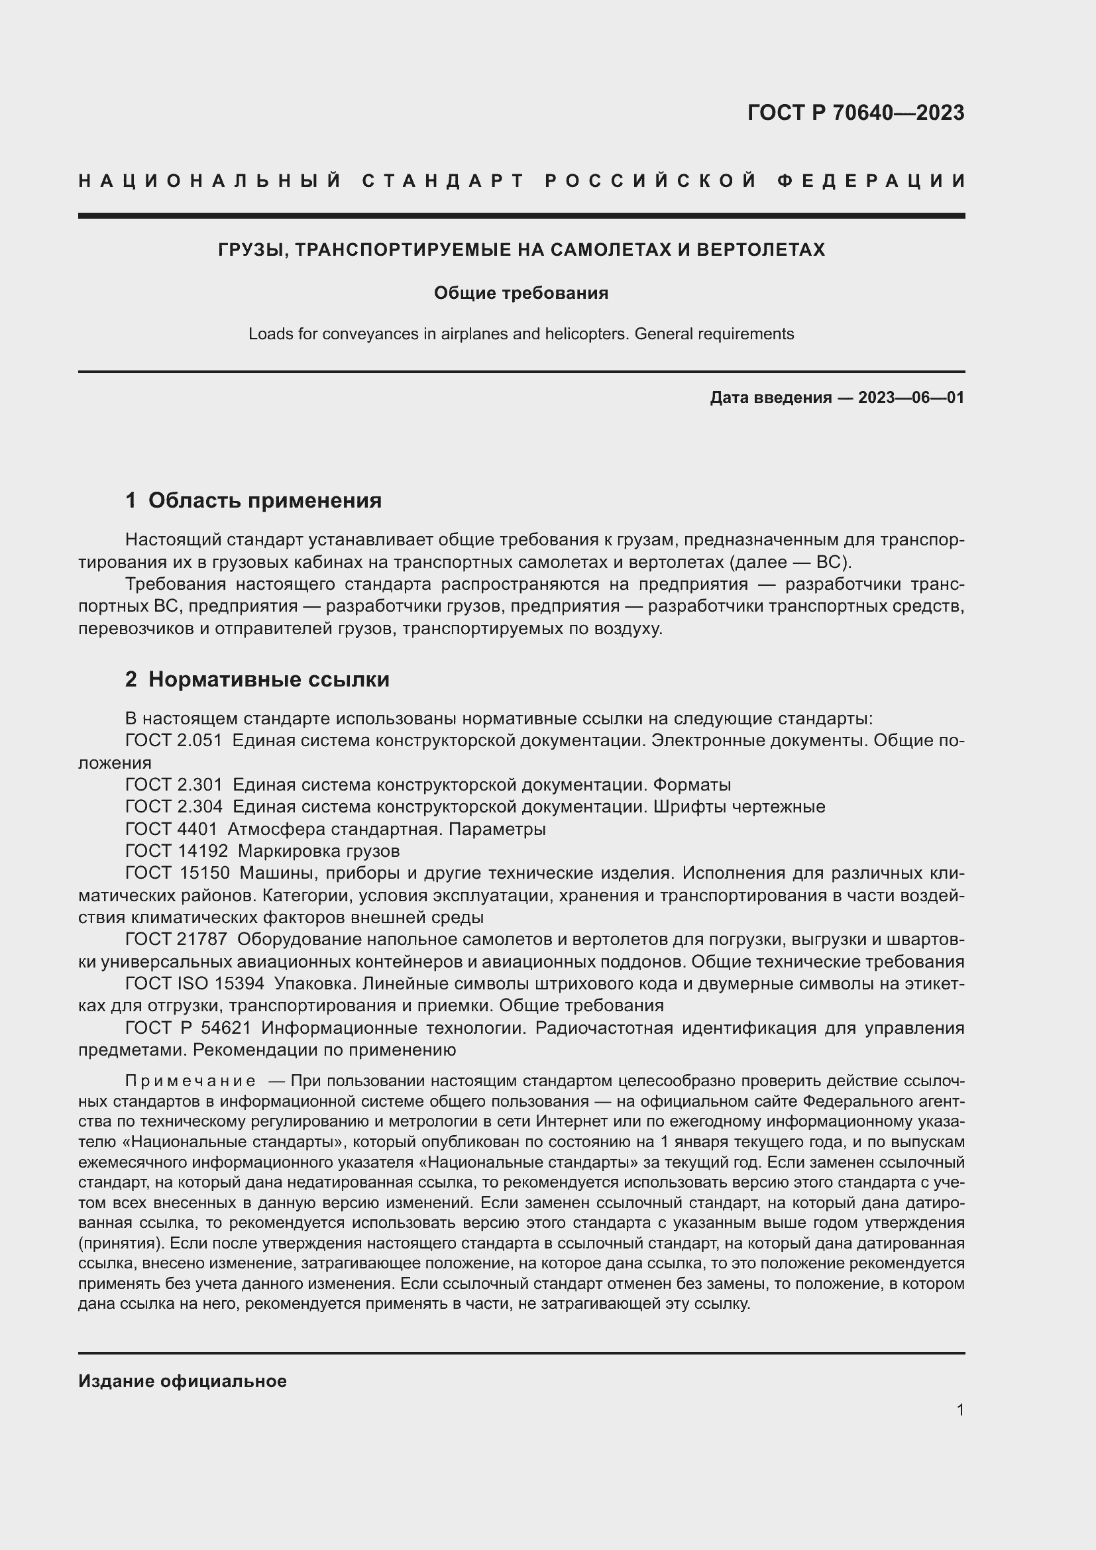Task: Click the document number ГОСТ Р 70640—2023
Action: pyautogui.click(x=855, y=113)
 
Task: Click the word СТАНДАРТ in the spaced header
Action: pyautogui.click(x=443, y=181)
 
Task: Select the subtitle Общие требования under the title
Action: pyautogui.click(x=521, y=293)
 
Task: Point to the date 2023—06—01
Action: pyautogui.click(x=911, y=398)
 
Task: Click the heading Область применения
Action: pyautogui.click(x=264, y=500)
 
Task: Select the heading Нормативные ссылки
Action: pyautogui.click(x=268, y=679)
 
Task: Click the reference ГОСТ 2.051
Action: pyautogui.click(x=174, y=741)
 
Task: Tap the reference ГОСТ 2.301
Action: pyautogui.click(x=174, y=785)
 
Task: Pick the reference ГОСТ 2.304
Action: pyautogui.click(x=174, y=806)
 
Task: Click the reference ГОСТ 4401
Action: pyautogui.click(x=172, y=829)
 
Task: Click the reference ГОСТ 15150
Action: pyautogui.click(x=178, y=873)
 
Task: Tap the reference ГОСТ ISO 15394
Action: pyautogui.click(x=194, y=983)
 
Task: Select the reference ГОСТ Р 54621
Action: pyautogui.click(x=188, y=1028)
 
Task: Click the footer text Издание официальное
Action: pyautogui.click(x=182, y=1381)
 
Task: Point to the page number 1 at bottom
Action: pyautogui.click(x=959, y=1410)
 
